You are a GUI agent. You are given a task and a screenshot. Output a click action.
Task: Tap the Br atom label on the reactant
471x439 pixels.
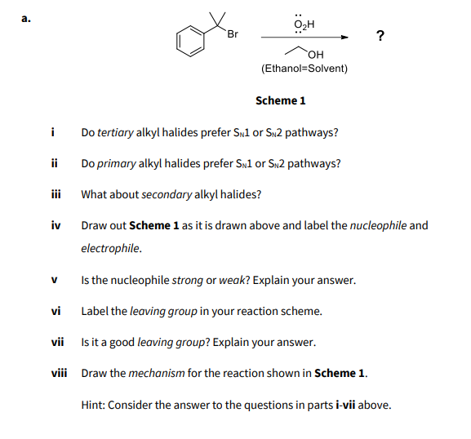233,33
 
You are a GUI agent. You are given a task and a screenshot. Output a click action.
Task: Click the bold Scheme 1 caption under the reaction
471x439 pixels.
280,100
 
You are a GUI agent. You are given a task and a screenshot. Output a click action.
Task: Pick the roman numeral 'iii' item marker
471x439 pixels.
55,194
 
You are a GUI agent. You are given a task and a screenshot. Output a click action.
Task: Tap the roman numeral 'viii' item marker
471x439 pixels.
58,373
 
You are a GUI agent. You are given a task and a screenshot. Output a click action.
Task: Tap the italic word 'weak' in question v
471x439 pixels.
232,280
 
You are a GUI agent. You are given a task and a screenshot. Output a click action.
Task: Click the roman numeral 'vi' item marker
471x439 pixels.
55,311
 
